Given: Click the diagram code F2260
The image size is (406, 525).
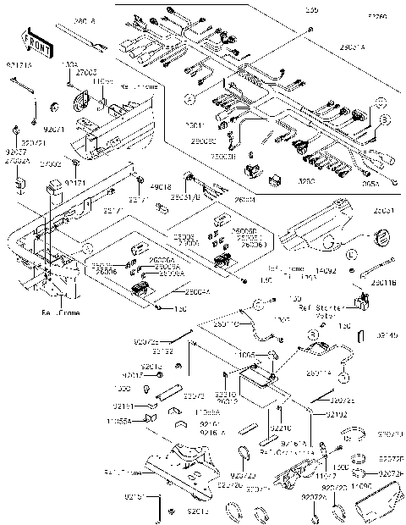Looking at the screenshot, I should click(376, 16).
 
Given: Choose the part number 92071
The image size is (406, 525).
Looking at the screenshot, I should click(52, 130).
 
